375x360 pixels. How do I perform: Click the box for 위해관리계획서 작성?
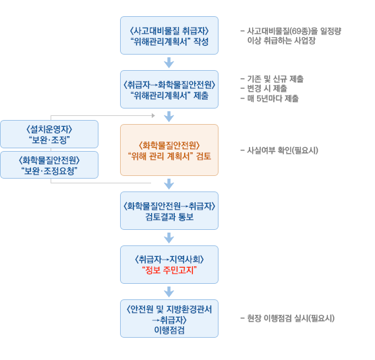pyautogui.click(x=169, y=35)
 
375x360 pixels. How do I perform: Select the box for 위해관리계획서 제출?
pyautogui.click(x=169, y=90)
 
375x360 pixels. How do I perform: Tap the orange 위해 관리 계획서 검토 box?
pyautogui.click(x=169, y=150)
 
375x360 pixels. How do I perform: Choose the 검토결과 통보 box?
pyautogui.click(x=169, y=210)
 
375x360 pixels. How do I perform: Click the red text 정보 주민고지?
pyautogui.click(x=169, y=270)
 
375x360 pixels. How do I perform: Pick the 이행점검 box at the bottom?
pyautogui.click(x=169, y=318)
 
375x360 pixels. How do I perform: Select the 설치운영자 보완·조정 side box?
pyautogui.click(x=49, y=134)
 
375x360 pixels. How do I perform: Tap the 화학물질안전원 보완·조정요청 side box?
pyautogui.click(x=49, y=165)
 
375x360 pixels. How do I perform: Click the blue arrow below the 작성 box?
pyautogui.click(x=169, y=63)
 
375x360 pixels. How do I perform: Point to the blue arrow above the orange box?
pyautogui.click(x=169, y=117)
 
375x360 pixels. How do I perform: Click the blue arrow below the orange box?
pyautogui.click(x=169, y=184)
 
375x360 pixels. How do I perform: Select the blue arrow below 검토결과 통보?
pyautogui.click(x=169, y=238)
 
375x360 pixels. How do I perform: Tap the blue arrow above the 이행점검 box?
pyautogui.click(x=169, y=292)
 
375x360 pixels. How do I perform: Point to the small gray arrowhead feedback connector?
pyautogui.click(x=153, y=116)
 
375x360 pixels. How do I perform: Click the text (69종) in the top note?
pyautogui.click(x=299, y=31)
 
